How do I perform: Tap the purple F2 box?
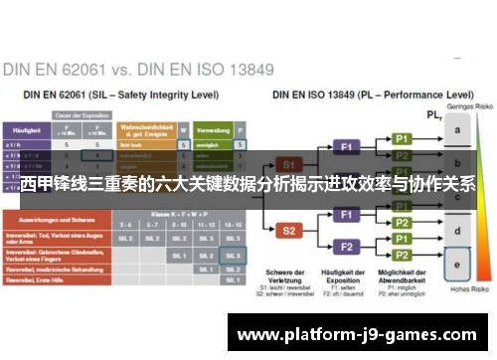pyautogui.click(x=347, y=246)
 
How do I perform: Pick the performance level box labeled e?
pyautogui.click(x=457, y=266)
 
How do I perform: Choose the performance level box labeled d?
pyautogui.click(x=457, y=232)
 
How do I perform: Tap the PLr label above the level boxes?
pyautogui.click(x=433, y=115)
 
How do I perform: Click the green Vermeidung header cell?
pyautogui.click(x=210, y=129)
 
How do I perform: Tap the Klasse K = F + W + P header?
pyautogui.click(x=179, y=214)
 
